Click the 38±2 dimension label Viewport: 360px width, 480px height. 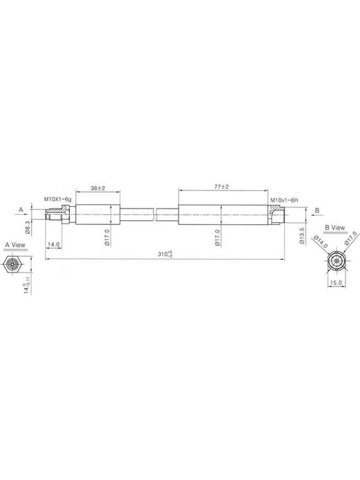[x=98, y=188]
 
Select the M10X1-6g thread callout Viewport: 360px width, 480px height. [x=58, y=199]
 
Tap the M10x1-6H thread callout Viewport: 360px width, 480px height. [x=284, y=200]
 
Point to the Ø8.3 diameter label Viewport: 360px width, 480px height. [x=28, y=228]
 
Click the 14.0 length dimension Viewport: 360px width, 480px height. [x=53, y=245]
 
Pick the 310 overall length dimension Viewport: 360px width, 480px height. [x=165, y=254]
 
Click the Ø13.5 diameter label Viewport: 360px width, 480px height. [x=302, y=236]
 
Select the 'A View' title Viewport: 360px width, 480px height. [x=16, y=245]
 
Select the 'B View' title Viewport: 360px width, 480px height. [x=335, y=228]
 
